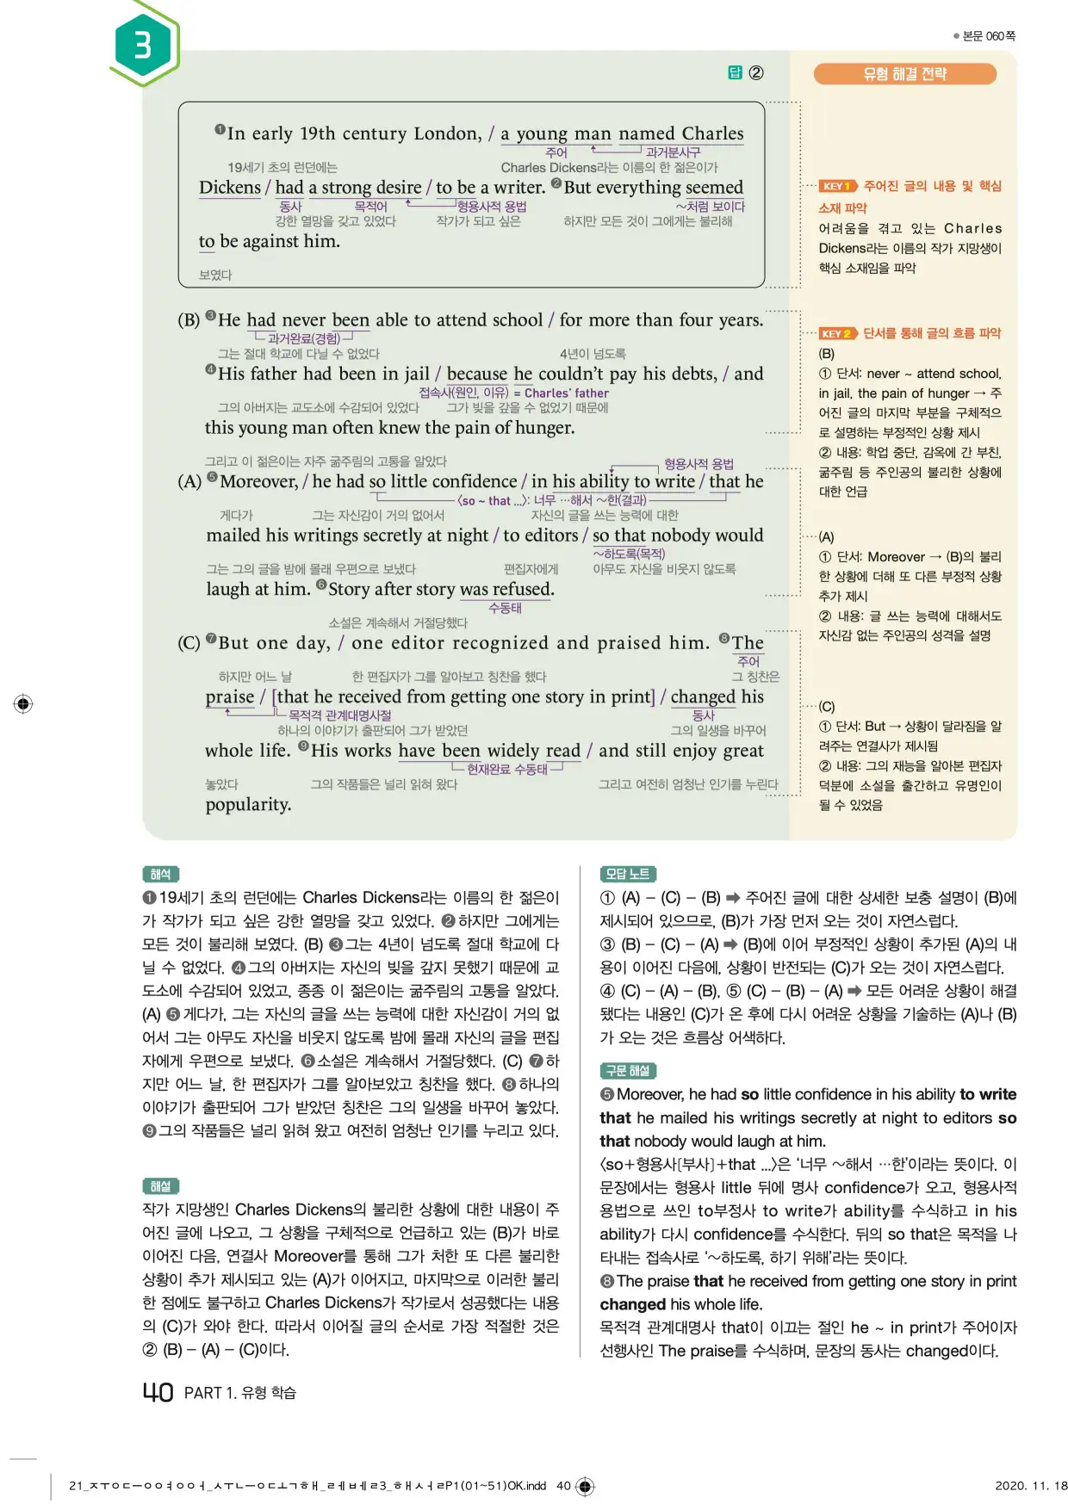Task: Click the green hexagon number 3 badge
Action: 143,45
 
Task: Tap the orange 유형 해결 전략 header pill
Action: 904,74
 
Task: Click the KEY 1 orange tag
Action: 836,186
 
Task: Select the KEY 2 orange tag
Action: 836,333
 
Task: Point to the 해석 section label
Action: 160,874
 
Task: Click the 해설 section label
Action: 160,1185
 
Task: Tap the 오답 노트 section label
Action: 627,874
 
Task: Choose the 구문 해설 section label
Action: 627,1070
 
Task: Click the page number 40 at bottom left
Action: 158,1392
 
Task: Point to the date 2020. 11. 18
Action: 1030,1485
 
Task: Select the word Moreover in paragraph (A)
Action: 258,481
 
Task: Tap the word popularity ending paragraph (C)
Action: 248,804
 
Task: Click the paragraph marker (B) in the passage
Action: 189,320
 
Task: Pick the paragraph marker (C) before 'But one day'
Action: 189,643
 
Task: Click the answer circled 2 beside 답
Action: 755,73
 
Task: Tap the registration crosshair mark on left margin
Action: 23,703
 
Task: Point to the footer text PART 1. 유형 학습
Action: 239,1393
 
